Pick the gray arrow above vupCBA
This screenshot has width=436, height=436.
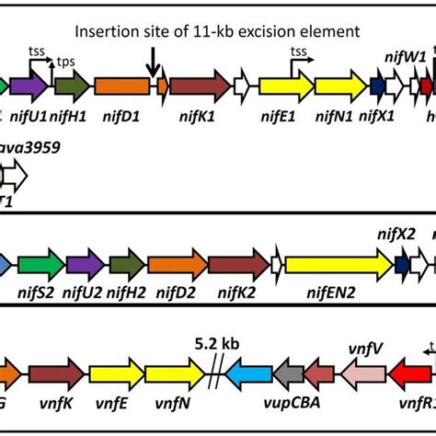[289, 373]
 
